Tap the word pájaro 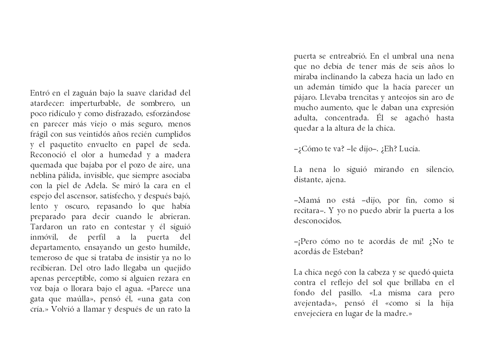(305, 97)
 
